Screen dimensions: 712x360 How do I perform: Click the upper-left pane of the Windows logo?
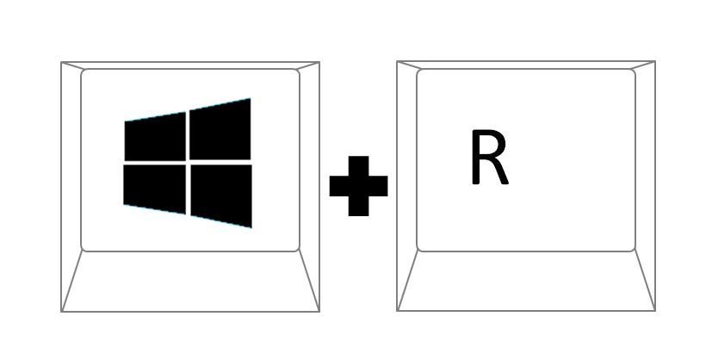(x=155, y=138)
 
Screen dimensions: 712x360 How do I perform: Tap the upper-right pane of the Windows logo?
(x=220, y=131)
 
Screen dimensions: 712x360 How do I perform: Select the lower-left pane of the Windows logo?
(x=155, y=188)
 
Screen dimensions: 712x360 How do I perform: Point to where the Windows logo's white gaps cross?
(x=188, y=162)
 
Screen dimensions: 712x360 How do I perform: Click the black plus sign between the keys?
(x=358, y=186)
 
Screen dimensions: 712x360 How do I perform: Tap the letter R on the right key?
(x=490, y=157)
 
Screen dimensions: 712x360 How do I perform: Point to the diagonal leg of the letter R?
(x=499, y=171)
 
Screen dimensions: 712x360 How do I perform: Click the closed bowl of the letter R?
(x=489, y=145)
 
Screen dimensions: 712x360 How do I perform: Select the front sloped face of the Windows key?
(x=190, y=281)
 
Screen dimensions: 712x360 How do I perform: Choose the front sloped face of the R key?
(x=526, y=281)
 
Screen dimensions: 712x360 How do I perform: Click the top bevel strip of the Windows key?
(x=190, y=65)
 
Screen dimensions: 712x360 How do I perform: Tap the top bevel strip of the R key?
(x=526, y=65)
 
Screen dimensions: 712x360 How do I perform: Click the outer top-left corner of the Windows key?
(x=61, y=62)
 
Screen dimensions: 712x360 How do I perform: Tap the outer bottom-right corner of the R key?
(x=655, y=311)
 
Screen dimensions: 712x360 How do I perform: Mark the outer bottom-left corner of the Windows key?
(x=61, y=312)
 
